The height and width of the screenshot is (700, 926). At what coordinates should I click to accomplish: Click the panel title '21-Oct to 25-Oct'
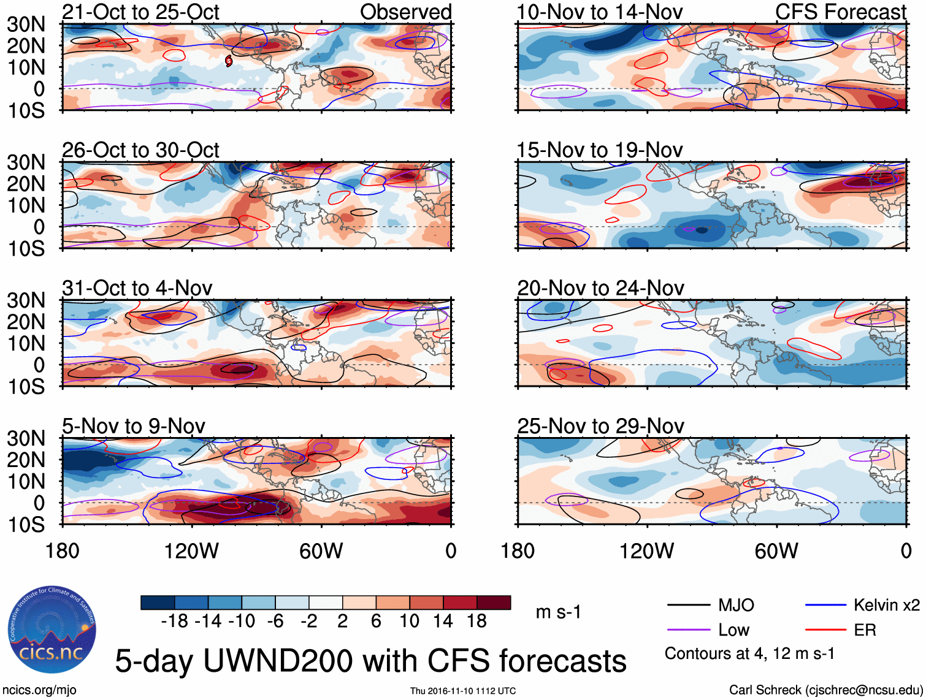click(140, 12)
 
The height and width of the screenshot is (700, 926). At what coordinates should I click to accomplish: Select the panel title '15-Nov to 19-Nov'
click(599, 150)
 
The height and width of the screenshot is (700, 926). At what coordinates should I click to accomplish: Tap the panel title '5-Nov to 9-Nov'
click(134, 426)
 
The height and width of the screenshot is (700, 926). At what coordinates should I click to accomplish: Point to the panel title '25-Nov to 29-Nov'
click(600, 426)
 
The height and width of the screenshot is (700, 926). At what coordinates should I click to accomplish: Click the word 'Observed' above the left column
click(405, 12)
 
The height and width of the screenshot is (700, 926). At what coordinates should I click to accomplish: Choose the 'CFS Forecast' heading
click(840, 12)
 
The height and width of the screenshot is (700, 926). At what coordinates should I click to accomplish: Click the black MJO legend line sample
click(688, 606)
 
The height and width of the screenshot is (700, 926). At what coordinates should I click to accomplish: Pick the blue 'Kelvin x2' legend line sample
click(825, 606)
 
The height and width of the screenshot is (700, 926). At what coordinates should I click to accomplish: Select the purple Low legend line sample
click(688, 630)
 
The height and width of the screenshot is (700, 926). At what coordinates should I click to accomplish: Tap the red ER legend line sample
click(825, 630)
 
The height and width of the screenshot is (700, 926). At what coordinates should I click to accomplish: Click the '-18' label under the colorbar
click(175, 622)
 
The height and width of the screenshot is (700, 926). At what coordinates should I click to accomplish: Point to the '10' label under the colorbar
click(409, 622)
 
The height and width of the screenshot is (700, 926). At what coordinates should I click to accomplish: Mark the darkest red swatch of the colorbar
click(494, 603)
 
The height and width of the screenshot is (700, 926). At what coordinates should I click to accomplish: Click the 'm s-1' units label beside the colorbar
click(558, 612)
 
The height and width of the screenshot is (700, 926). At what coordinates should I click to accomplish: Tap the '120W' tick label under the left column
click(191, 551)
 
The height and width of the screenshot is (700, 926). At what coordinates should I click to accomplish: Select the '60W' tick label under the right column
click(776, 551)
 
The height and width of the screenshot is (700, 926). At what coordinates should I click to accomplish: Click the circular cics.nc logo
click(52, 630)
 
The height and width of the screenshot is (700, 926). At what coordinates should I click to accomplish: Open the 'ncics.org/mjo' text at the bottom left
click(40, 690)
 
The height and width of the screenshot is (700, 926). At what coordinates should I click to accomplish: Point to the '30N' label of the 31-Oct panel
click(26, 300)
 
